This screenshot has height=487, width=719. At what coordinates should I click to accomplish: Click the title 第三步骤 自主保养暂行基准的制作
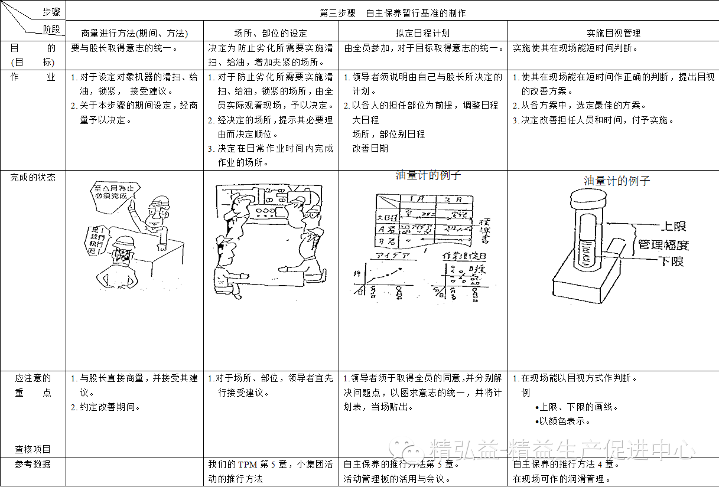tap(392, 13)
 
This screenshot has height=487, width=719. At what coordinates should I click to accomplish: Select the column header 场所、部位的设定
tap(271, 33)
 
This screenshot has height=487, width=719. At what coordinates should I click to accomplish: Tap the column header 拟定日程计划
tap(423, 33)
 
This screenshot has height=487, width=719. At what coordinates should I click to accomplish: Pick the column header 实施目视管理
tap(613, 33)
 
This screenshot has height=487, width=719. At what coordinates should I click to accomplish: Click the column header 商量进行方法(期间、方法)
tap(134, 33)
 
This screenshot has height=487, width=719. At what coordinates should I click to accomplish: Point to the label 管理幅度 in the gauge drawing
tap(663, 244)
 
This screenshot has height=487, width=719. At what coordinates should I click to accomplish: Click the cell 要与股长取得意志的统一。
tap(124, 48)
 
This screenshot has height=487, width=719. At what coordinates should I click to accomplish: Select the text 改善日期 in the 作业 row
tap(370, 148)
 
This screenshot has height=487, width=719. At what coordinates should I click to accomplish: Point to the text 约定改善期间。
tap(108, 407)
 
